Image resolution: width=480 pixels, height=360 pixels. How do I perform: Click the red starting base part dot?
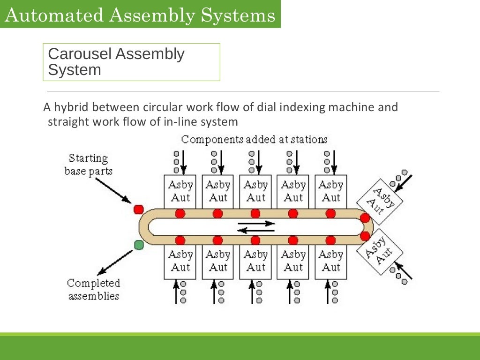click(138, 209)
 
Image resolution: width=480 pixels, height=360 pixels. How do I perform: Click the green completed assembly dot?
click(139, 245)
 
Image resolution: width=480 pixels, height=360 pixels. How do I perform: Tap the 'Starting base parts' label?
click(88, 165)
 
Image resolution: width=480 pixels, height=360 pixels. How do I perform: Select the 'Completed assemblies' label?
click(93, 289)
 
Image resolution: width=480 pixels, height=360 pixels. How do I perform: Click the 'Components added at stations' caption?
click(254, 139)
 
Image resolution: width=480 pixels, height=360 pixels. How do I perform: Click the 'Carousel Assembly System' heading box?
click(131, 62)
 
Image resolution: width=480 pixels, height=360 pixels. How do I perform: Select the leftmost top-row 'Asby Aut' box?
click(180, 191)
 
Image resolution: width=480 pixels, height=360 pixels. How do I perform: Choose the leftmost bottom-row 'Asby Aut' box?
click(180, 262)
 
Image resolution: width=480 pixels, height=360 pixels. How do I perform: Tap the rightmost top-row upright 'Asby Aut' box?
click(331, 191)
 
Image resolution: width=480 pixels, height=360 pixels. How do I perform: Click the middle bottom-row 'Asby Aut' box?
click(255, 262)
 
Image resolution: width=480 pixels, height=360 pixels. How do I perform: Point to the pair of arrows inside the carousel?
click(255, 227)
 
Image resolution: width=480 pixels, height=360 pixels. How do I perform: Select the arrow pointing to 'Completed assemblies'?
click(115, 262)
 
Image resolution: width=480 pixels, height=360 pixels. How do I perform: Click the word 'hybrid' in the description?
click(71, 107)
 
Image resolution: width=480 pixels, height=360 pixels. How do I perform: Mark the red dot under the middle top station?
click(255, 214)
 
